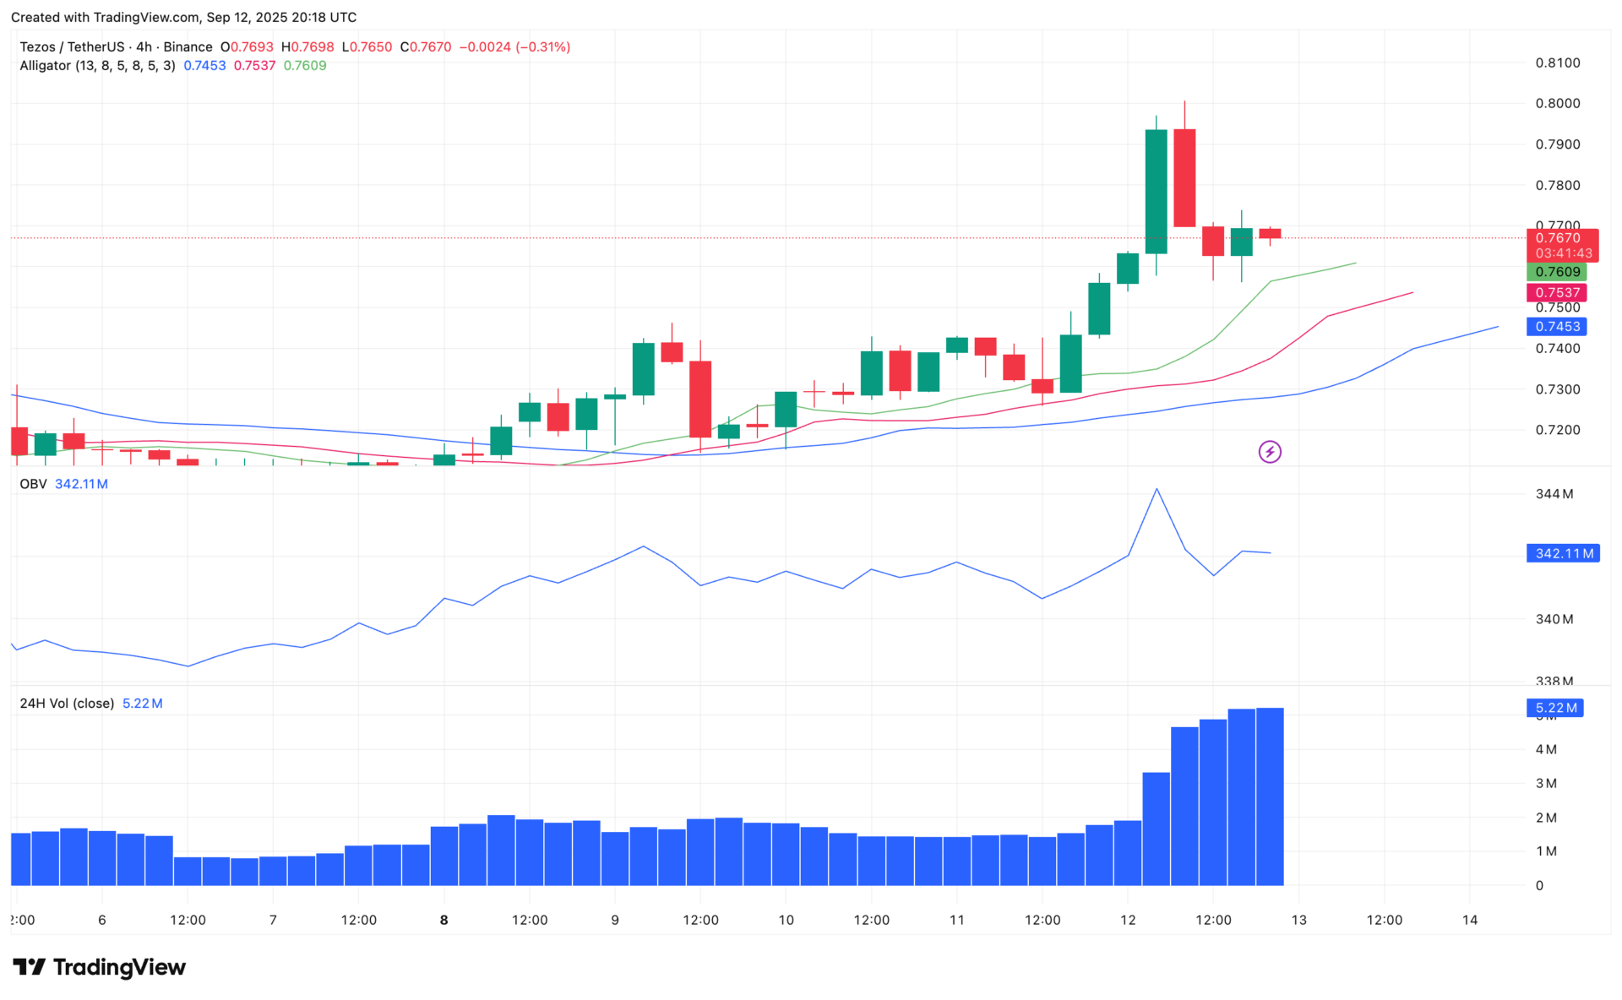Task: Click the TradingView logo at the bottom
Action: pos(100,967)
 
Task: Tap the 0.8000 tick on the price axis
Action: pos(1557,104)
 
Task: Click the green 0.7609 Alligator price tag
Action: pos(1557,272)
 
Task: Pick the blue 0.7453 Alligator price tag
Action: pos(1557,327)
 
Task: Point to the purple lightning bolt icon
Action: pos(1269,452)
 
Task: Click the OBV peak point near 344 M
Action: pos(1157,489)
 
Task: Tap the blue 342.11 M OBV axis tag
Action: pos(1563,554)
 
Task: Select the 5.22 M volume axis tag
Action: pos(1555,709)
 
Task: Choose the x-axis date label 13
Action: pos(1298,920)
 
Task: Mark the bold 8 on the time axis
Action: pos(444,920)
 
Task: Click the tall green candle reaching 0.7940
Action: pos(1156,192)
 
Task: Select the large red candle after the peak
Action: pos(1184,177)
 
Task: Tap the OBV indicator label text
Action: pos(33,484)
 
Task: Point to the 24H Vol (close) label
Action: pos(67,704)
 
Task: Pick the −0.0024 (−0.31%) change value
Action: pos(514,47)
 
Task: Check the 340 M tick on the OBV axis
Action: pos(1554,619)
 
